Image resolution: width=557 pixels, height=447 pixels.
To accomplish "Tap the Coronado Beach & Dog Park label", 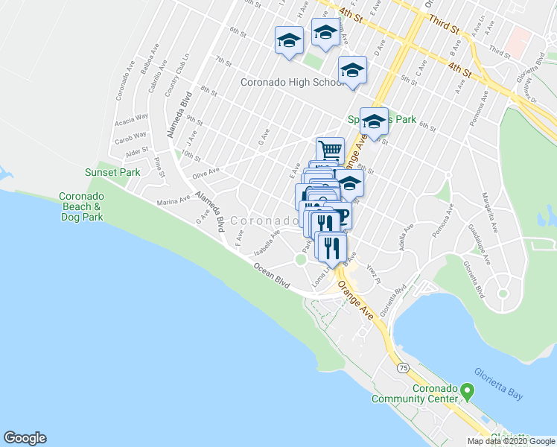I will pyautogui.click(x=82, y=206).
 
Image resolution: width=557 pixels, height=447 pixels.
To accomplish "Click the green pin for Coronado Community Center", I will pyautogui.click(x=467, y=390).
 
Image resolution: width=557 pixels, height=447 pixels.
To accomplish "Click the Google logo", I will pyautogui.click(x=25, y=438).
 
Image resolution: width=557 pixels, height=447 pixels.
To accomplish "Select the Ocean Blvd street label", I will pyautogui.click(x=270, y=274).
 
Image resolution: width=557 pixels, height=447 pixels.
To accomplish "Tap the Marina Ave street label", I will pyautogui.click(x=174, y=201).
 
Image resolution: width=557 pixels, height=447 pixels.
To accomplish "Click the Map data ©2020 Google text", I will pyautogui.click(x=511, y=441).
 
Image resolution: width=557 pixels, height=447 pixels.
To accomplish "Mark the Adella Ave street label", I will pyautogui.click(x=407, y=239).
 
